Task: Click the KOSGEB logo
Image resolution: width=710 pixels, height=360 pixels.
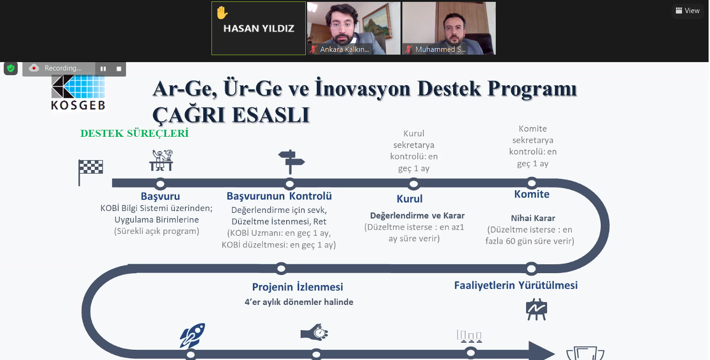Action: [x=78, y=92]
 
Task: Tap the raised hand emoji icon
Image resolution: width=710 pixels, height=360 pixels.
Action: [x=222, y=13]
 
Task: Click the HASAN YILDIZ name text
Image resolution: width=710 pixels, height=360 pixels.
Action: [x=259, y=28]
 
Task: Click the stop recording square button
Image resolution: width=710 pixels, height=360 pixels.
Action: [x=119, y=69]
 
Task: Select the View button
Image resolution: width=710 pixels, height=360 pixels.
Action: [x=688, y=11]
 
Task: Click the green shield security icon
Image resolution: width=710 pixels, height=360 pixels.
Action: [x=11, y=68]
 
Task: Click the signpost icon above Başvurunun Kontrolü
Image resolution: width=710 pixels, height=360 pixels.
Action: [x=291, y=162]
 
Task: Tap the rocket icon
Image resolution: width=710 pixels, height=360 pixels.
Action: [x=192, y=335]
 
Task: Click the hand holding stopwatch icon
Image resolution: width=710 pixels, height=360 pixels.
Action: [x=314, y=333]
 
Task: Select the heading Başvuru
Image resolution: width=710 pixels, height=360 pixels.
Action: [x=161, y=196]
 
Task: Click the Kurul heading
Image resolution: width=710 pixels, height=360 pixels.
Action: [x=409, y=199]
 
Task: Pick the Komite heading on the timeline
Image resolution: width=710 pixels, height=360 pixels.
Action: [x=532, y=194]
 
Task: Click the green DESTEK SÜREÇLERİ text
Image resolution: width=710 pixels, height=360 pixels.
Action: [x=134, y=133]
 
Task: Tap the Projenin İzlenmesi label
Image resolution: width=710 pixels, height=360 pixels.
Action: [x=298, y=287]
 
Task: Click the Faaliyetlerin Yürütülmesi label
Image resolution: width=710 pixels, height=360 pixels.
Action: [x=516, y=285]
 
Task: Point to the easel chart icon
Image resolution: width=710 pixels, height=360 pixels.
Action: [x=536, y=309]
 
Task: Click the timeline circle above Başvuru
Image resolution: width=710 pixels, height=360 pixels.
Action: [x=161, y=184]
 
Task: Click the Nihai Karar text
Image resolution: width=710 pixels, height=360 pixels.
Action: [x=533, y=218]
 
